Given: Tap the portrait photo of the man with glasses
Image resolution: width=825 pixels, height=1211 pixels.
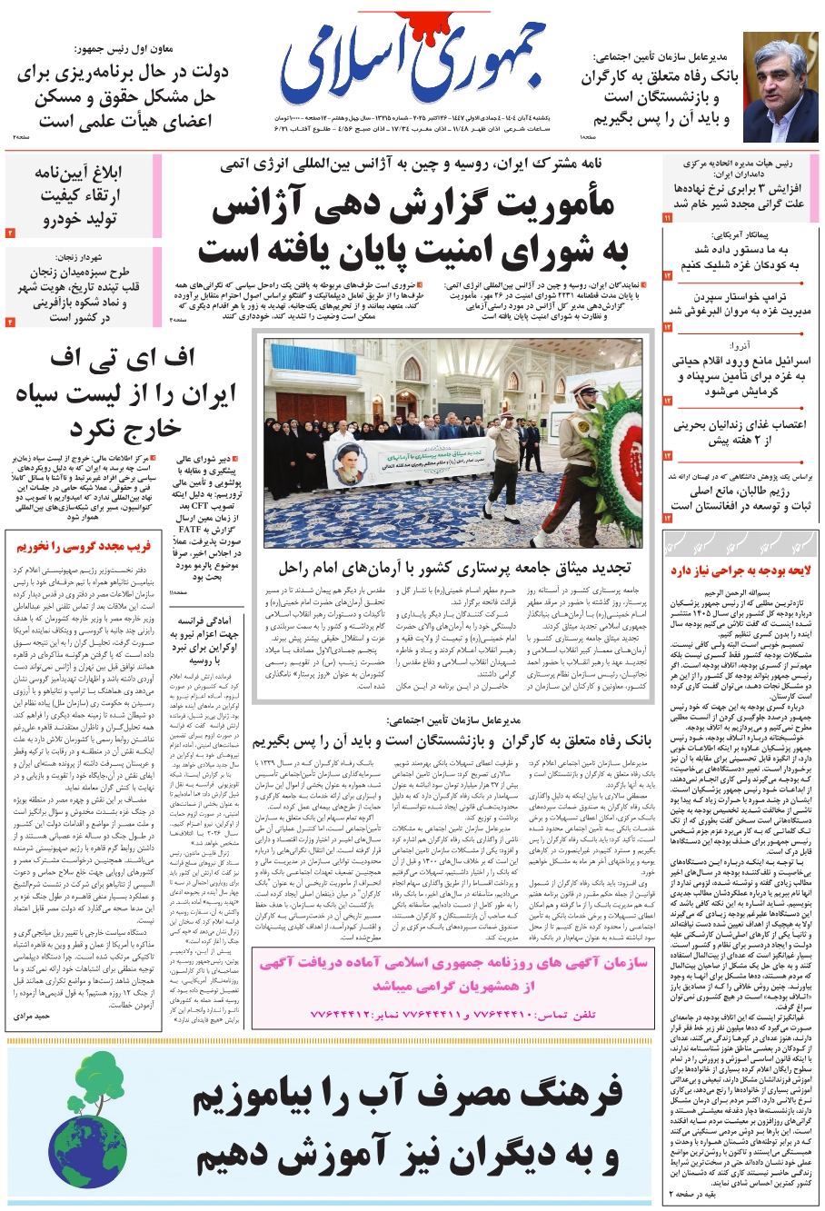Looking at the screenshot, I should tap(781, 89).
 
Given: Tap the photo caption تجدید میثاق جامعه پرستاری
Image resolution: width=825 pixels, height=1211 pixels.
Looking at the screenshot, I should tap(454, 568).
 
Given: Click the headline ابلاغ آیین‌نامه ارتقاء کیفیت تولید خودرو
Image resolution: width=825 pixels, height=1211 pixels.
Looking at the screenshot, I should tap(79, 196).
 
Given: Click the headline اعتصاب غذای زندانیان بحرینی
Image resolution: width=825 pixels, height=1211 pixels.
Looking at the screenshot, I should tap(739, 432).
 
